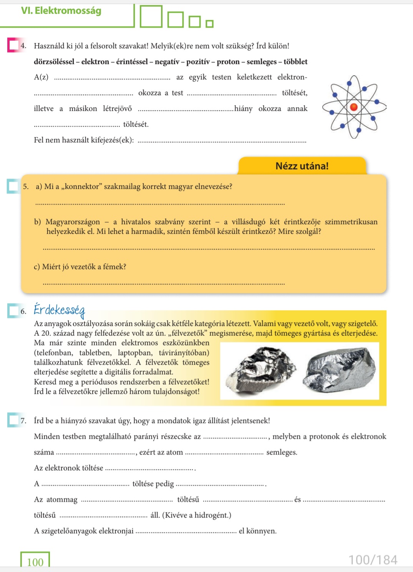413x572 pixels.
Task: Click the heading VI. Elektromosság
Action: click(x=61, y=11)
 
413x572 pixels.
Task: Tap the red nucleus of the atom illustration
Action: click(x=354, y=107)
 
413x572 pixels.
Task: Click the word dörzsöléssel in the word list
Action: click(x=55, y=62)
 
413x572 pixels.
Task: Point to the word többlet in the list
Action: click(x=295, y=62)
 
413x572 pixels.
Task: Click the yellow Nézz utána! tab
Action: click(x=302, y=166)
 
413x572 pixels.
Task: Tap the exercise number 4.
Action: click(x=23, y=46)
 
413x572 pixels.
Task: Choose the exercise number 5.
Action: click(x=26, y=187)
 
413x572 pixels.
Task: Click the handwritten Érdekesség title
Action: click(x=59, y=310)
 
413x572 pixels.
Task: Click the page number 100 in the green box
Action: click(x=35, y=562)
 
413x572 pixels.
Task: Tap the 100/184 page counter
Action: click(x=373, y=560)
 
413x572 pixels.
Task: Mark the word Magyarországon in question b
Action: click(x=73, y=222)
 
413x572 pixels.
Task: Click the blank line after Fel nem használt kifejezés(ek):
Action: click(x=222, y=141)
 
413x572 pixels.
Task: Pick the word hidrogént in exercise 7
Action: click(x=211, y=515)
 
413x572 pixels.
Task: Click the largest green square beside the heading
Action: click(x=151, y=17)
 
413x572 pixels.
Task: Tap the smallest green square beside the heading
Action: click(x=209, y=24)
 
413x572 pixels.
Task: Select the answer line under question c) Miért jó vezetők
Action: click(x=164, y=283)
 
